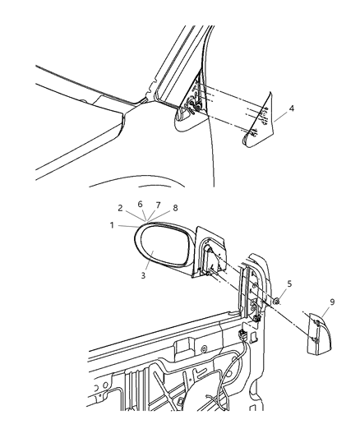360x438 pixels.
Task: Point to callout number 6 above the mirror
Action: [141, 203]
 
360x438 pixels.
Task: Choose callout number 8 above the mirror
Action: [174, 209]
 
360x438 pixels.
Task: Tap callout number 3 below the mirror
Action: [143, 276]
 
